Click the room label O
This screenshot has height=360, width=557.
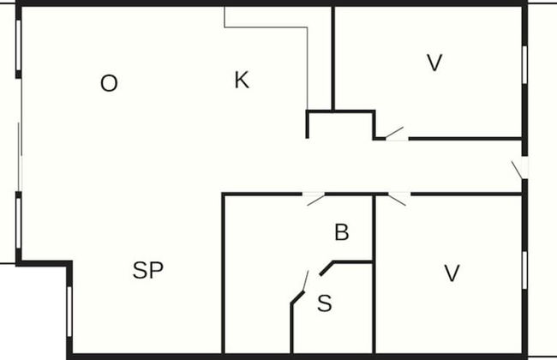tap(109, 83)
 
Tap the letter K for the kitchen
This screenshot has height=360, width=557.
tap(242, 80)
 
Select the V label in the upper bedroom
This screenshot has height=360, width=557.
tap(434, 63)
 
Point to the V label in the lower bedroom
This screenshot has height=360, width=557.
tap(452, 273)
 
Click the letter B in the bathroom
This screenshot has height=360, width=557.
tap(342, 232)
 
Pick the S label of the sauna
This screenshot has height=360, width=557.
tap(324, 303)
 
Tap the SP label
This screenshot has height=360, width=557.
tap(147, 270)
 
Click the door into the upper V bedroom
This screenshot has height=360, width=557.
tap(397, 134)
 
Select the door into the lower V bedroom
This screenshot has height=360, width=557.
tap(399, 199)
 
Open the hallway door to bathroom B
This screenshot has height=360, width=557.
tap(314, 199)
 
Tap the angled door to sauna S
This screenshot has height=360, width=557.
tap(305, 281)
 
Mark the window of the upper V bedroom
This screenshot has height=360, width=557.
tap(524, 64)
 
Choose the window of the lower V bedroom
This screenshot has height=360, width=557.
tap(524, 271)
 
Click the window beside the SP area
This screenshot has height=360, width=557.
tap(69, 311)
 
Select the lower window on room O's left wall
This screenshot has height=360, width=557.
tap(19, 223)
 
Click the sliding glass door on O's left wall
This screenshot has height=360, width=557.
tap(21, 135)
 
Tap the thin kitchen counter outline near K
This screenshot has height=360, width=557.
tap(266, 57)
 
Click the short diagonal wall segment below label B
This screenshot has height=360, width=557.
tap(326, 268)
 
